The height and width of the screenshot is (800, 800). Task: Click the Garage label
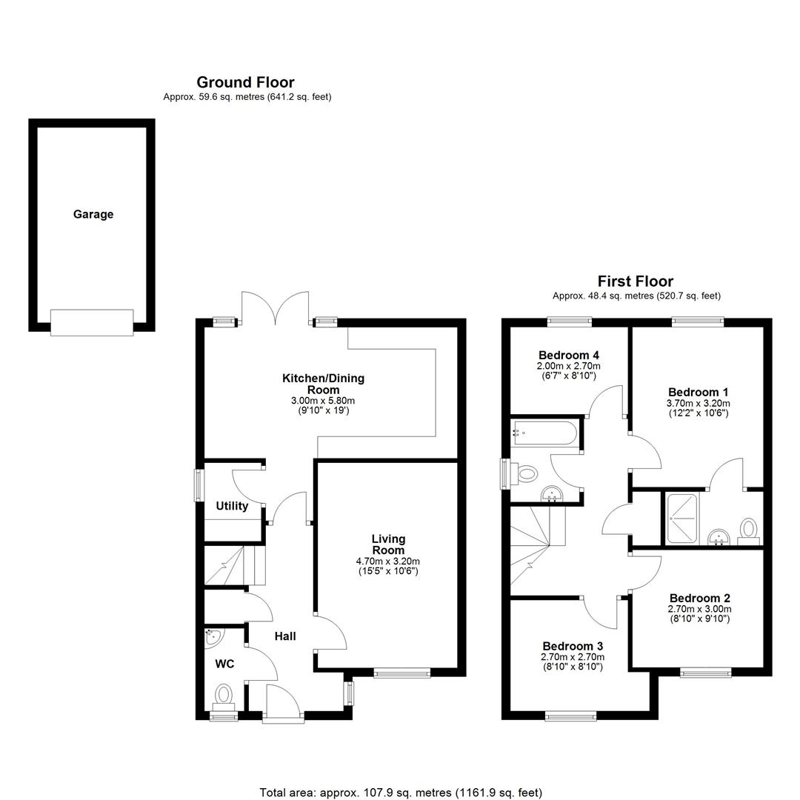[x=93, y=214]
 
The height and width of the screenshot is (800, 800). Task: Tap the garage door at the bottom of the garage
[x=92, y=322]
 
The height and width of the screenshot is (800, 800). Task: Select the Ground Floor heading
[x=245, y=82]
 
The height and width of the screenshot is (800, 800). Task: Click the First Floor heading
[x=636, y=281]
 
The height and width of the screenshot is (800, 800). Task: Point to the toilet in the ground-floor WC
[x=224, y=697]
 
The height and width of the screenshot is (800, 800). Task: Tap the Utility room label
[x=232, y=506]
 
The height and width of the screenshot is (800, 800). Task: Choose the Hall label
[x=285, y=636]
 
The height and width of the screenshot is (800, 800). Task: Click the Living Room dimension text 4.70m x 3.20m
[x=388, y=561]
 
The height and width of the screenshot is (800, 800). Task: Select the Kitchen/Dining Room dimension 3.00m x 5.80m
[x=323, y=401]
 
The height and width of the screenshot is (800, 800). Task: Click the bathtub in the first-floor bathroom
[x=545, y=433]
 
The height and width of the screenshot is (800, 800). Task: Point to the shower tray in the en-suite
[x=681, y=518]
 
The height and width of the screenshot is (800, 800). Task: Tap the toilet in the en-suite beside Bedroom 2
[x=749, y=531]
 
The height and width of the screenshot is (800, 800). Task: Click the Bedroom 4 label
[x=569, y=355]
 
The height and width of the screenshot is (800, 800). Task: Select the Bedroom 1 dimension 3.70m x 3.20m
[x=699, y=403]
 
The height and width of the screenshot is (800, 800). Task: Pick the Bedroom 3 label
[x=573, y=646]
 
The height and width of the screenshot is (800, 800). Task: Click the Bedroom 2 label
[x=700, y=598]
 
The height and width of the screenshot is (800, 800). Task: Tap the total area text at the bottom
[x=401, y=793]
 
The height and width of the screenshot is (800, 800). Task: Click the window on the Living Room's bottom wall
[x=402, y=673]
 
